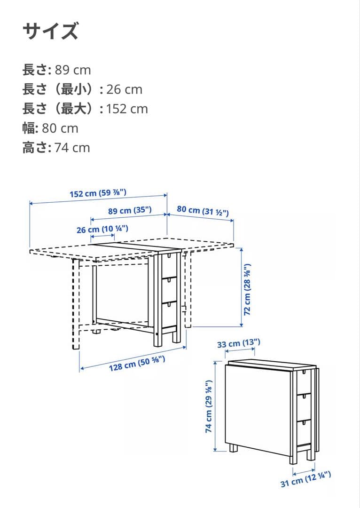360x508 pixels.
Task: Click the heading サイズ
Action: (x=50, y=32)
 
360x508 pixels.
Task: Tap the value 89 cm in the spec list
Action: (x=73, y=70)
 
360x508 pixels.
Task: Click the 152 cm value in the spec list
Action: (x=127, y=109)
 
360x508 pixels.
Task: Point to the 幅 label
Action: (x=30, y=128)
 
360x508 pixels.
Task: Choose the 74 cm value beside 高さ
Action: (x=72, y=148)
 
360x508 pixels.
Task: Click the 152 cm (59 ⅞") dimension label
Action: (x=98, y=193)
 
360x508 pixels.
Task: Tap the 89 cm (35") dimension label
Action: (x=130, y=211)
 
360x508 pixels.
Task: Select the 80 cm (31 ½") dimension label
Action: (x=203, y=210)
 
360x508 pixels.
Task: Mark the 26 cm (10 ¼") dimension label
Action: (x=102, y=229)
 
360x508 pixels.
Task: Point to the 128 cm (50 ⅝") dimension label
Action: (x=138, y=364)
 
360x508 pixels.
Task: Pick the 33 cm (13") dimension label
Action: (x=239, y=344)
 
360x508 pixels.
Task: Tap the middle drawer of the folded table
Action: (x=305, y=406)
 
